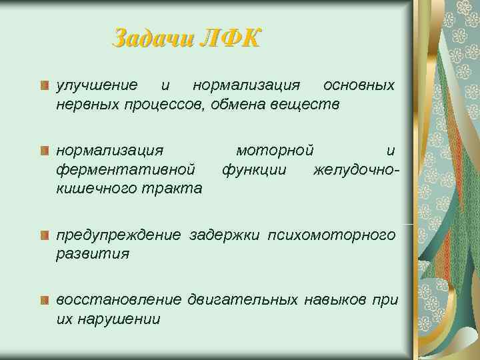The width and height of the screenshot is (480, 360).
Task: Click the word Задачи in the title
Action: pos(151,38)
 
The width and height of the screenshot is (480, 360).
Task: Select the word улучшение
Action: pos(97,86)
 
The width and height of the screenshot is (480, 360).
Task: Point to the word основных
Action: pos(358,86)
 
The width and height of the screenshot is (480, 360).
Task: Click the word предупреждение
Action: pos(118,235)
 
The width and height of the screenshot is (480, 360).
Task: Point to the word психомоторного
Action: pos(331,235)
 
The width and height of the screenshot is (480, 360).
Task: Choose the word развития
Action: pos(93,254)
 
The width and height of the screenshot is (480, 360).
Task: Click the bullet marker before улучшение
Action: pos(44,86)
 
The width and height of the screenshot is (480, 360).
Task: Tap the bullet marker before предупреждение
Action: pos(44,235)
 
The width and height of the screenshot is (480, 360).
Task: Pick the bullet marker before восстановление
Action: pos(44,300)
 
